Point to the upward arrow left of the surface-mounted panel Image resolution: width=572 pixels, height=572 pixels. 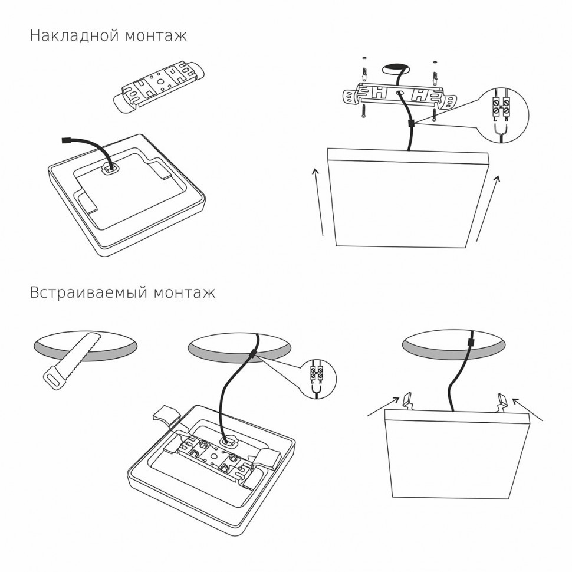pyautogui.click(x=319, y=200)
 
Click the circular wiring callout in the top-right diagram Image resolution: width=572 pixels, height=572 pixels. pyautogui.click(x=505, y=116)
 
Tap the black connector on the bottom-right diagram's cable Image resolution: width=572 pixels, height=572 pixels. pyautogui.click(x=470, y=343)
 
